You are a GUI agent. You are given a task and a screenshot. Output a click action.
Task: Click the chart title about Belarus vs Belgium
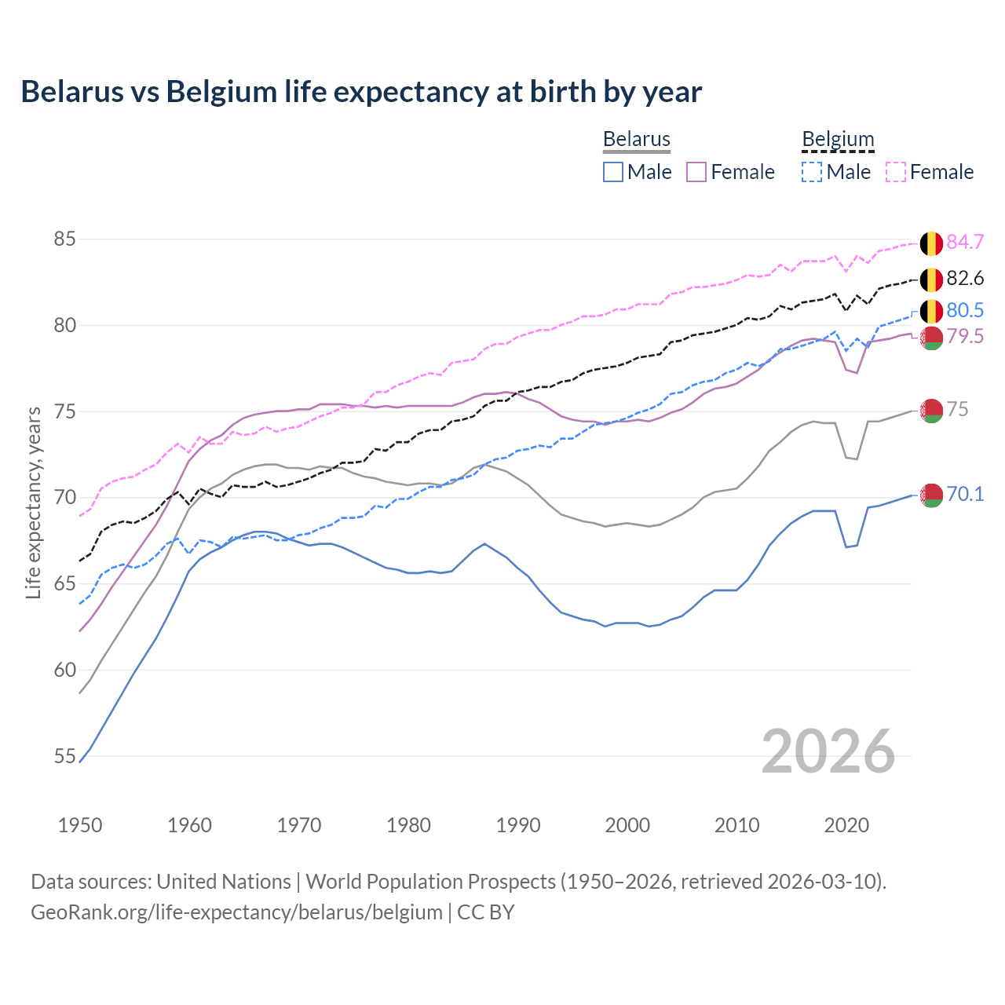[x=361, y=92]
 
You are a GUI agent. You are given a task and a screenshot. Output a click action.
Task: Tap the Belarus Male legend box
[x=613, y=172]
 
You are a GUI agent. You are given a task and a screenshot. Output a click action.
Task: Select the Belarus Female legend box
[x=696, y=172]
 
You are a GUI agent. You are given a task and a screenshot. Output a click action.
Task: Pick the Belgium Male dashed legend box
[x=812, y=172]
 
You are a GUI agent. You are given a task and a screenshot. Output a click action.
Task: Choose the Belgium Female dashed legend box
[x=896, y=172]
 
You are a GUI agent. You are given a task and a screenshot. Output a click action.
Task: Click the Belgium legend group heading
[x=838, y=140]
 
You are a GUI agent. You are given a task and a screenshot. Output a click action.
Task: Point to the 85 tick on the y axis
[x=64, y=239]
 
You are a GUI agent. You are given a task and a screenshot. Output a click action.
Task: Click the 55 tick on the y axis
[x=64, y=756]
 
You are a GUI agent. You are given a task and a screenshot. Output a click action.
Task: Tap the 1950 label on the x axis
[x=80, y=825]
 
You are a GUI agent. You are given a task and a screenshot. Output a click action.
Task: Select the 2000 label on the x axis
[x=627, y=825]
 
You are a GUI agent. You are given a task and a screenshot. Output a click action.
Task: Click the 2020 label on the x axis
[x=846, y=825]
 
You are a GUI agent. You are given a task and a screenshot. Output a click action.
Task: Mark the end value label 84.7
[x=965, y=242]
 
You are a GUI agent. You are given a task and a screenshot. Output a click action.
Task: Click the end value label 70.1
[x=965, y=494]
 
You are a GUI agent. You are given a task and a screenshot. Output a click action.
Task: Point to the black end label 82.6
[x=965, y=279]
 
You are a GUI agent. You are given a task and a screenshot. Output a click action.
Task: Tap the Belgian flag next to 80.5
[x=931, y=311]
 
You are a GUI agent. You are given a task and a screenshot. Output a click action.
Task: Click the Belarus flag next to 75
[x=931, y=410]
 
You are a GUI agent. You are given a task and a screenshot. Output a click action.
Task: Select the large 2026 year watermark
[x=828, y=751]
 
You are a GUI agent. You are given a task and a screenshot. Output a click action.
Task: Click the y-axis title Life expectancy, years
[x=34, y=502]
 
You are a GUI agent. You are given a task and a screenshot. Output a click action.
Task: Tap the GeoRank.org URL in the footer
[x=236, y=912]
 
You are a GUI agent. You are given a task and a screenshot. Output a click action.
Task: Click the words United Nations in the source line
[x=224, y=882]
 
